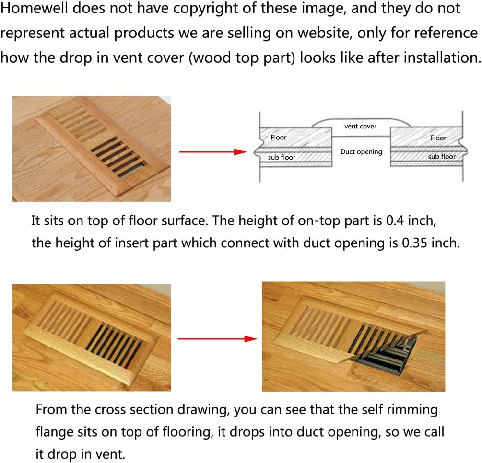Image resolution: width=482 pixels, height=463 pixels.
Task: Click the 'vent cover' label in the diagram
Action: [x=361, y=127]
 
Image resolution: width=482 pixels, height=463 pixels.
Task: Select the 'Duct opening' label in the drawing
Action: [x=361, y=152]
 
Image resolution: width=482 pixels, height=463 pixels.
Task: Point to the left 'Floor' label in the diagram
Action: [x=278, y=138]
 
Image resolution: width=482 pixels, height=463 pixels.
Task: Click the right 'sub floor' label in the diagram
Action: [x=441, y=157]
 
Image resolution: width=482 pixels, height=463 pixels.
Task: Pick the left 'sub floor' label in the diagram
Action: [x=282, y=157]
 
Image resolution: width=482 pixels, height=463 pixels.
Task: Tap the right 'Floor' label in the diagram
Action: [x=438, y=138]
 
